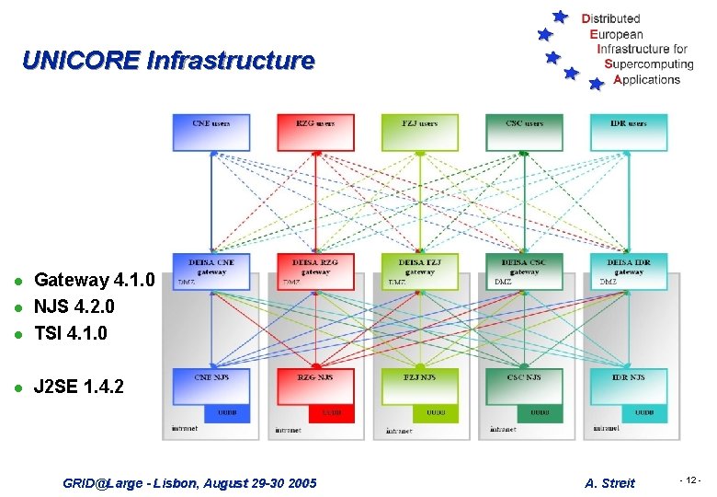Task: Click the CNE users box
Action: pos(211,133)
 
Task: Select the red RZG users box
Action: pos(315,133)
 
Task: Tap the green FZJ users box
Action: pos(420,133)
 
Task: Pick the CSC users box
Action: pos(524,133)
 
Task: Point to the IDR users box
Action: pos(629,133)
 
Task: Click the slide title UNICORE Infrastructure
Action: pos(168,62)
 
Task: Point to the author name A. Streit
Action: pos(609,483)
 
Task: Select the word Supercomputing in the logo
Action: pos(649,64)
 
